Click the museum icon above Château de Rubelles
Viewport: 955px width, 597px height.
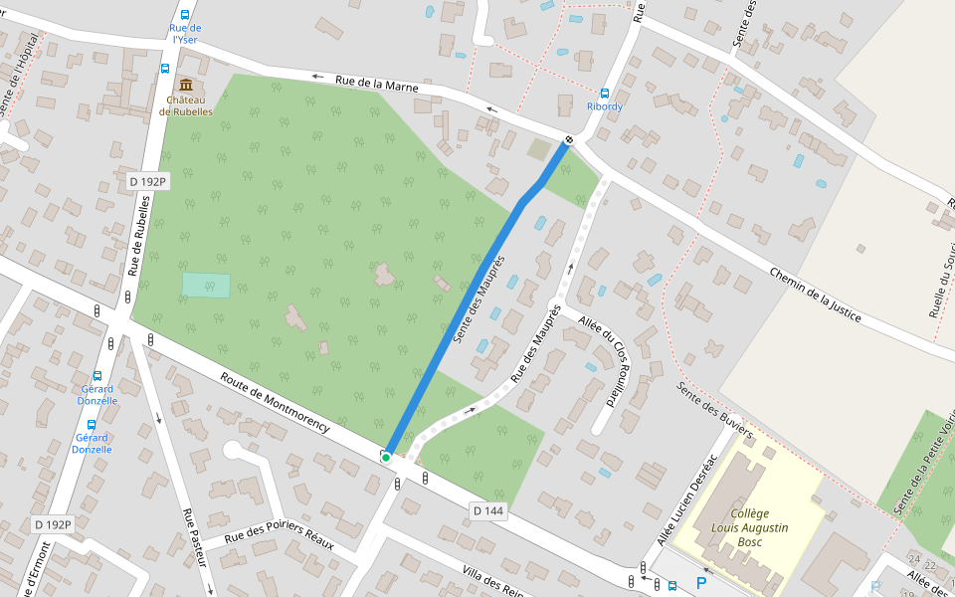tap(186, 85)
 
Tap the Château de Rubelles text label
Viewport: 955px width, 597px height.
tap(189, 105)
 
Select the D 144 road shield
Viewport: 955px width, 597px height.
tap(488, 510)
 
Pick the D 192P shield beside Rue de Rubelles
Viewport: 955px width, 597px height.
tap(148, 181)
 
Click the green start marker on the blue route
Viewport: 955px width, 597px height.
tap(386, 457)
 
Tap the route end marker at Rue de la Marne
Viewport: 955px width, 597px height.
tap(569, 140)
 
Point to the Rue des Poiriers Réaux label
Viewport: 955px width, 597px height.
tap(279, 542)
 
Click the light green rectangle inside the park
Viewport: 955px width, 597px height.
tap(206, 285)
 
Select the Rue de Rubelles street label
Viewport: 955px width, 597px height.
tap(139, 236)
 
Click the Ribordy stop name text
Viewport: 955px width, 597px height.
tap(605, 106)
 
